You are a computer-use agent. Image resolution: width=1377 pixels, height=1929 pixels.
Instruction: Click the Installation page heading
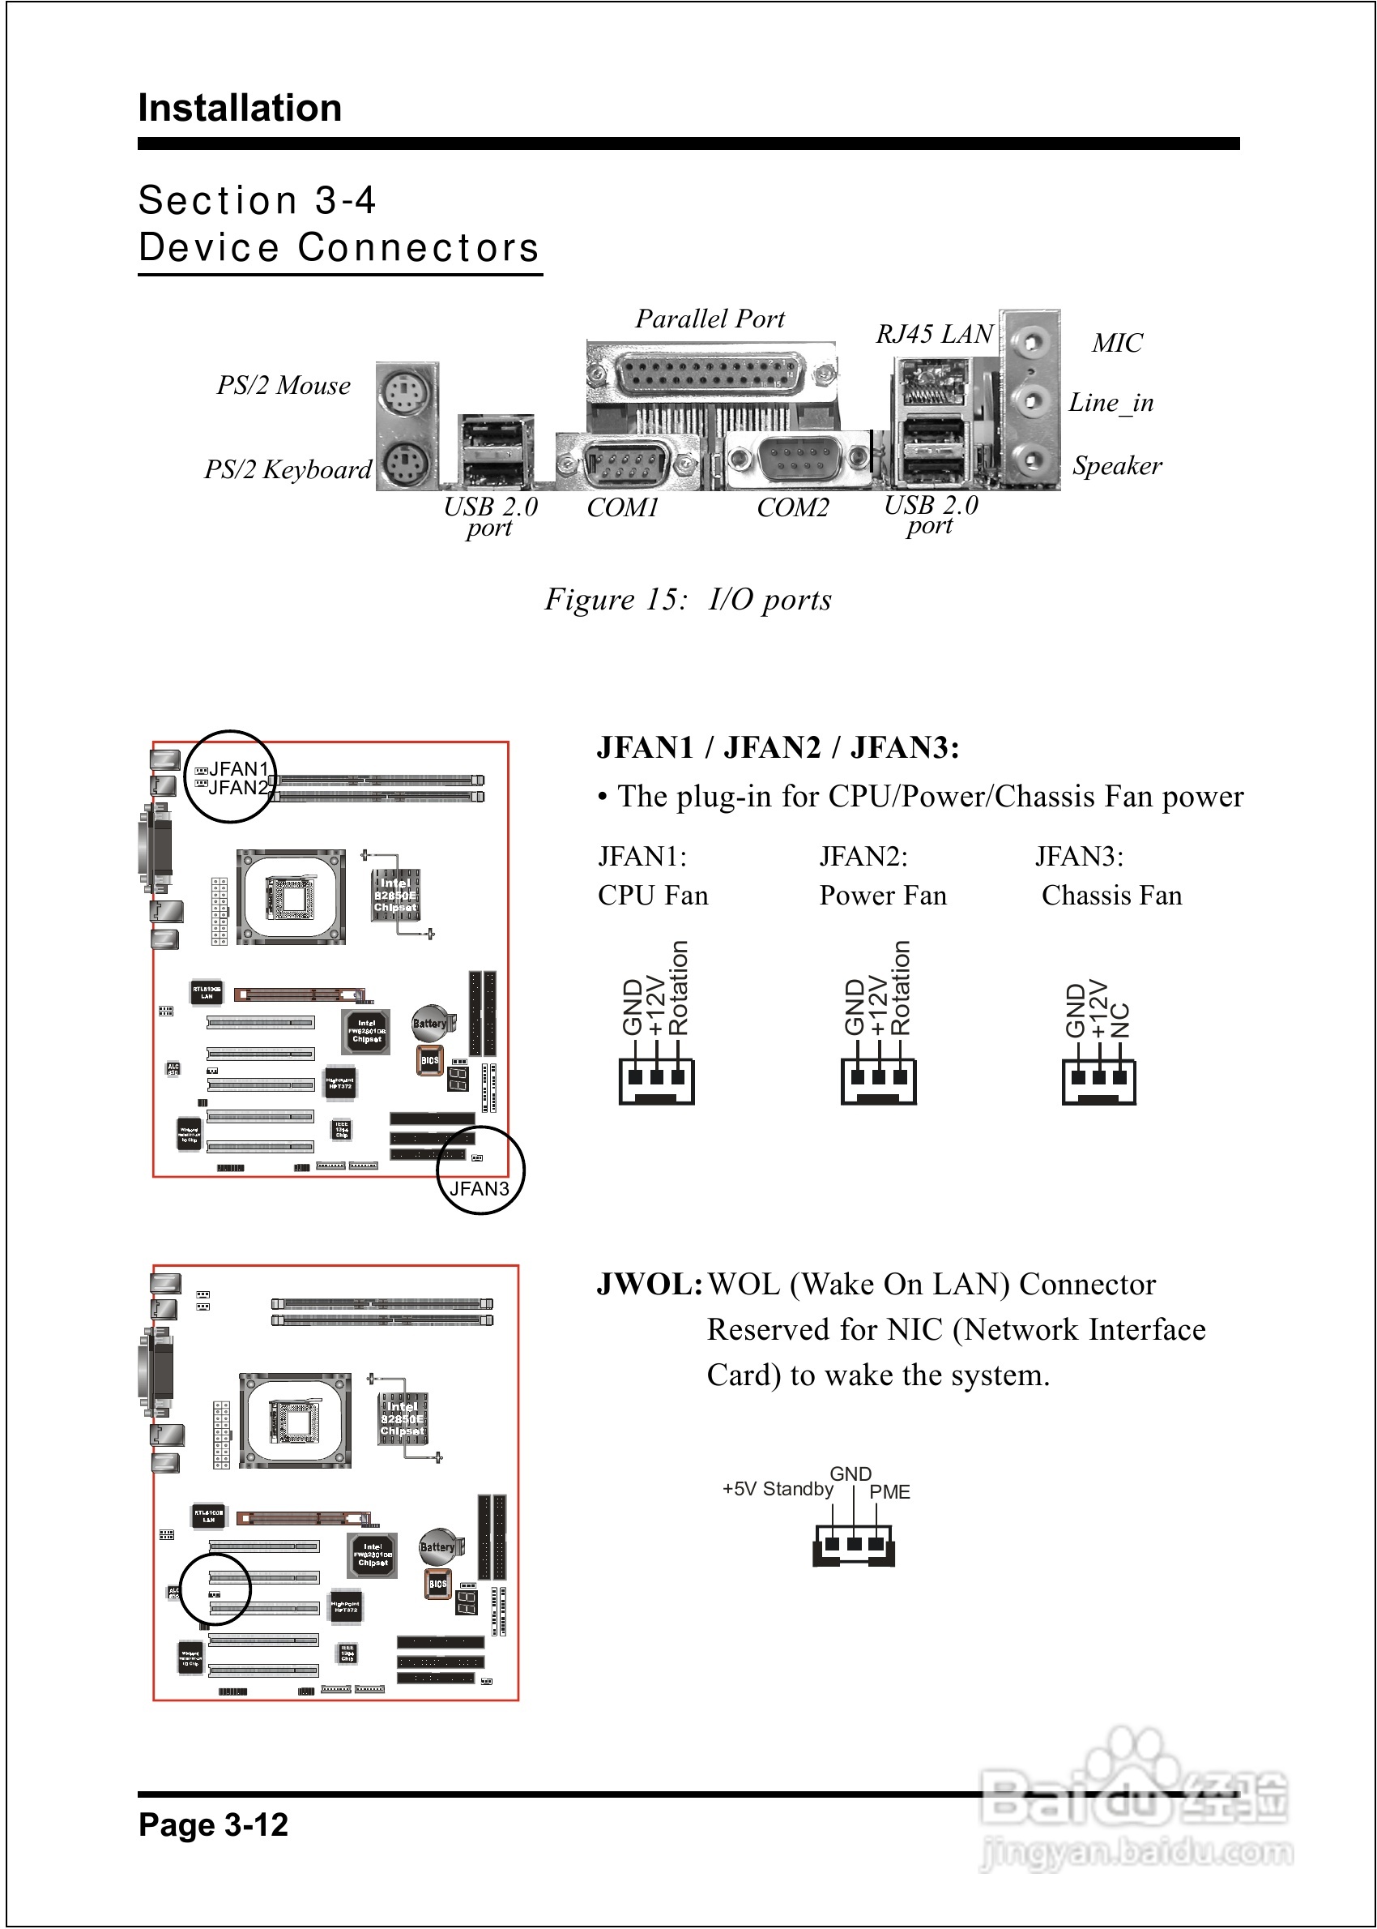point(240,109)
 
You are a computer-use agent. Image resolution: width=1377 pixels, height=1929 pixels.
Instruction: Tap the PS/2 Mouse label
point(283,386)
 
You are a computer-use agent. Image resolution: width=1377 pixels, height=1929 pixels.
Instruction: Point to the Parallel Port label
point(710,319)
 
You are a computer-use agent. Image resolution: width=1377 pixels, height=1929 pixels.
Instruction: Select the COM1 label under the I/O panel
point(622,507)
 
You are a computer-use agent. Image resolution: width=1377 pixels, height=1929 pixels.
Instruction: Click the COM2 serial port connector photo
point(798,460)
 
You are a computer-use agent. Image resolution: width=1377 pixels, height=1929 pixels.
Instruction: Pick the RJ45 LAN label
point(934,334)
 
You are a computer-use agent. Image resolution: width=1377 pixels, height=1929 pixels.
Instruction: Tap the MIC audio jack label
point(1117,344)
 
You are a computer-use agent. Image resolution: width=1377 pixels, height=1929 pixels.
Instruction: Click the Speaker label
point(1117,466)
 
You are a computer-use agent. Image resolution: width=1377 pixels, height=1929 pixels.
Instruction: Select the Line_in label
point(1111,403)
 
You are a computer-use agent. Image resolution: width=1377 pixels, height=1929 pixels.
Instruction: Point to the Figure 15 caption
point(688,600)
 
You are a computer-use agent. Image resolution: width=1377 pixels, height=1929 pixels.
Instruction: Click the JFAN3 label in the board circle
point(479,1188)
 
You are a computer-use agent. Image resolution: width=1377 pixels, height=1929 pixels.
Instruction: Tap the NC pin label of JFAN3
point(1120,1020)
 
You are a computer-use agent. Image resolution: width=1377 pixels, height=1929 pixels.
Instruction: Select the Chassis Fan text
point(1111,896)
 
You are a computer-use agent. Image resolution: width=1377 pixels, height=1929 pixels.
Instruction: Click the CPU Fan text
point(653,896)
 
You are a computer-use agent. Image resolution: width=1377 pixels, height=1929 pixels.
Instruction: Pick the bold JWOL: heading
point(650,1285)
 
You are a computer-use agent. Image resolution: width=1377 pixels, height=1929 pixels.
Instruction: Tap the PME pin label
point(889,1492)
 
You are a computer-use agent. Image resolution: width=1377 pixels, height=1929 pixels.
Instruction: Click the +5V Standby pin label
point(777,1490)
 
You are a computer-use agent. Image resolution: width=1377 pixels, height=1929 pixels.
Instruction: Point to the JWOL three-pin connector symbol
point(853,1546)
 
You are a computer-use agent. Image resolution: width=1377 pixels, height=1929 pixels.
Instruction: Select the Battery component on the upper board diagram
point(429,1024)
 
